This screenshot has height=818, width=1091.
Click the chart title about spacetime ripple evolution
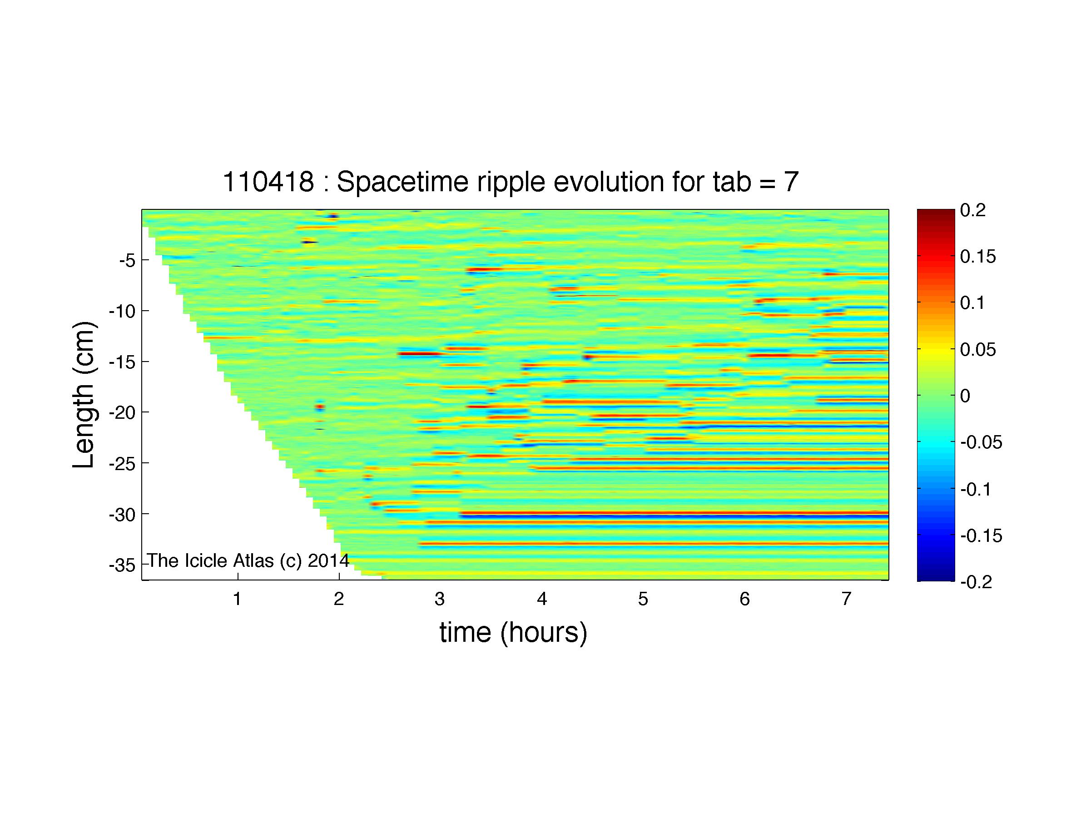point(511,182)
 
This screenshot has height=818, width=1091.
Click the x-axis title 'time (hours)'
point(513,633)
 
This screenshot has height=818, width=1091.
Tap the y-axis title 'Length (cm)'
point(84,395)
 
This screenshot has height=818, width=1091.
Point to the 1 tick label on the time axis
point(237,599)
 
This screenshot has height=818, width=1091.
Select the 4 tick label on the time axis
point(542,599)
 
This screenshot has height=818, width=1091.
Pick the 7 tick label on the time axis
point(846,599)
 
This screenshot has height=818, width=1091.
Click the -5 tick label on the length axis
point(127,260)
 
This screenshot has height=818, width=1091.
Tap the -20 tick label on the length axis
point(122,413)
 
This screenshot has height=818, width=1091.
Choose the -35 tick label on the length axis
point(122,565)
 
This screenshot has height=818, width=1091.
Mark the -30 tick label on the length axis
point(122,515)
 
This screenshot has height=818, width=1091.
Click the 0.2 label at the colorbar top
point(972,210)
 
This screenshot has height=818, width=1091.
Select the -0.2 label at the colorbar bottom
point(976,582)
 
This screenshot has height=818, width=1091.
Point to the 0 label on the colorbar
point(965,396)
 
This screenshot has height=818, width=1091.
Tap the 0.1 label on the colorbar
point(972,303)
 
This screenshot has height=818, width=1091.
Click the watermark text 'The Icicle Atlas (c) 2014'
point(248,560)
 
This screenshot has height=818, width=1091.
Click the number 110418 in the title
point(268,182)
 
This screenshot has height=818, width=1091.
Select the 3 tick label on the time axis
point(440,599)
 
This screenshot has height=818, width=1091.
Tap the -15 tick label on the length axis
point(122,362)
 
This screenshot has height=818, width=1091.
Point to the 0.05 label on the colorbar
point(978,350)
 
